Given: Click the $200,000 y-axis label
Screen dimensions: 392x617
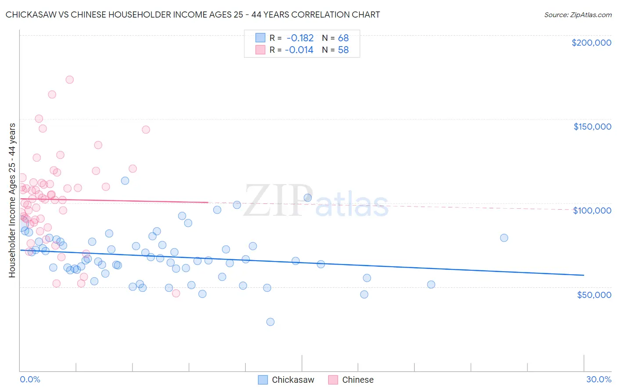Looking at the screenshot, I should [591, 43].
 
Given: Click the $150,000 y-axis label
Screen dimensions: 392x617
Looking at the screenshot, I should [592, 127].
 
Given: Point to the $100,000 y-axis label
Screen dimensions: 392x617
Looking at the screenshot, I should [592, 211].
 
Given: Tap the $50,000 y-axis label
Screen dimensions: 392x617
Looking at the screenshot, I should [594, 295].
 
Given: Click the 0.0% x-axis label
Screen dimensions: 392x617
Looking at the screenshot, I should [30, 379].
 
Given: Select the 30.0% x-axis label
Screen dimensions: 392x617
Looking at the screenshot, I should [599, 379].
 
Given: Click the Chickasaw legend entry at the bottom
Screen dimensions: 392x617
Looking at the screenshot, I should [286, 380].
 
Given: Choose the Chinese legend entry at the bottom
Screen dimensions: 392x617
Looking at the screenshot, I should [351, 380].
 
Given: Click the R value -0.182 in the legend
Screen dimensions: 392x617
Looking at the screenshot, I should [300, 38].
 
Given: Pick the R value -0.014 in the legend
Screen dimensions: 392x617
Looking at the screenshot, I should [299, 50].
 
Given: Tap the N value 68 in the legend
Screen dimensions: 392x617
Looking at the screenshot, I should [343, 38].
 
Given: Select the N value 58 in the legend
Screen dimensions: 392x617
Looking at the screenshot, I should [343, 50].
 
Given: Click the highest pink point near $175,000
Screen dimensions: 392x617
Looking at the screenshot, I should [69, 80].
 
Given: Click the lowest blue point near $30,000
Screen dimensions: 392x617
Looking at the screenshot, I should [270, 322].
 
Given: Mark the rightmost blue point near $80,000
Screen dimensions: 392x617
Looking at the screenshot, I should [504, 238].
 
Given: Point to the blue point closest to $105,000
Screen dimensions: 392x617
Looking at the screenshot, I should [308, 198].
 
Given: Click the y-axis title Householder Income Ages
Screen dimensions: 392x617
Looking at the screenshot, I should [12, 200].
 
